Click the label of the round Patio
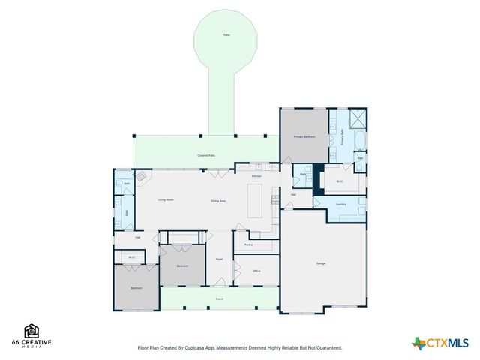[226, 35]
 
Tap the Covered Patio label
[206, 155]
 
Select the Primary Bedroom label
[304, 137]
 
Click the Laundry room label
[340, 204]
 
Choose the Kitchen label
[256, 176]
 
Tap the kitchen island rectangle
[256, 200]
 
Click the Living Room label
[166, 200]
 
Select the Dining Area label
[218, 200]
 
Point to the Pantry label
[248, 244]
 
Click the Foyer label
[220, 259]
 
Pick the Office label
[256, 271]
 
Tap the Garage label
[320, 263]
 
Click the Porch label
[220, 298]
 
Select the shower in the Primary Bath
[358, 119]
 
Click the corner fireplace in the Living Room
[141, 177]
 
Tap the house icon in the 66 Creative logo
[32, 330]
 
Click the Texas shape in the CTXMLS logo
[418, 343]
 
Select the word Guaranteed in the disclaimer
[327, 347]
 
